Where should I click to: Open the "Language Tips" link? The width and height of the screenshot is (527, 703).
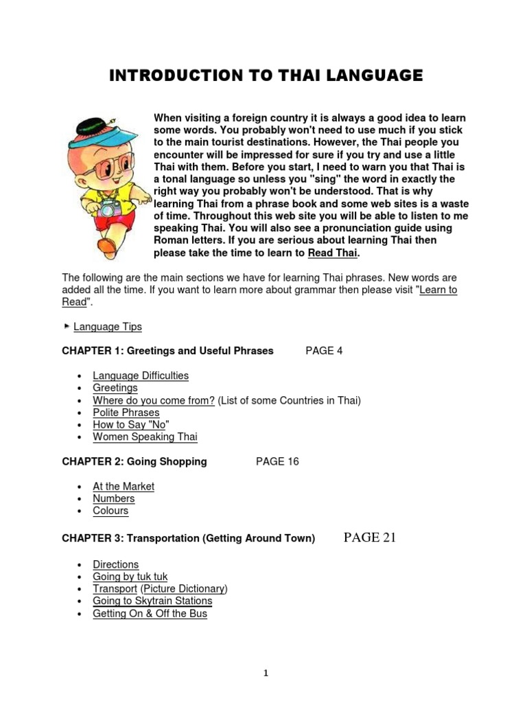[108, 327]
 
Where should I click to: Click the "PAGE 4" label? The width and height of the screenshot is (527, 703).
[324, 351]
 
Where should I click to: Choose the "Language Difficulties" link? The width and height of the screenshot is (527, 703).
[141, 376]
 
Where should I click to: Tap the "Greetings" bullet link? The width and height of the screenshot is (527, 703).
[115, 388]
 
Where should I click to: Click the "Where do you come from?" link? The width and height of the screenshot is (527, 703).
[154, 400]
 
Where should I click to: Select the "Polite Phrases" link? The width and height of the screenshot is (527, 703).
[126, 413]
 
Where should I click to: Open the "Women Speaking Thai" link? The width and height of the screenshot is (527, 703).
[145, 437]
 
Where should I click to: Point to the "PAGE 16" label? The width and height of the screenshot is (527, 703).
[277, 461]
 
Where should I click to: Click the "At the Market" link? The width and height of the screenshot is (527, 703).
[124, 486]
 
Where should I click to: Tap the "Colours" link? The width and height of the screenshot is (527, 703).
[110, 511]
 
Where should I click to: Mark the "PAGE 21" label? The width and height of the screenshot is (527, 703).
[369, 538]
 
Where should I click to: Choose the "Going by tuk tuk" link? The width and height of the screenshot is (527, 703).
[130, 577]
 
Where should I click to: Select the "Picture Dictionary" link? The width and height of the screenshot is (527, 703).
[184, 589]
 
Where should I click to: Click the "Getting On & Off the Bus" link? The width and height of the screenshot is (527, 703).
[150, 614]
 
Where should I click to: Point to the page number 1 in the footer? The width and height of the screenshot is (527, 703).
[266, 673]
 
